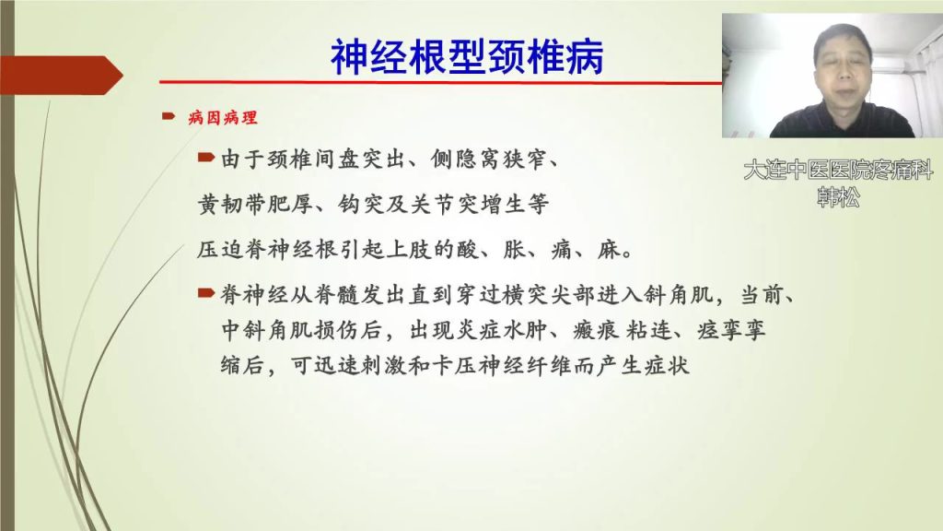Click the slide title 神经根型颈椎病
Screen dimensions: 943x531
click(467, 58)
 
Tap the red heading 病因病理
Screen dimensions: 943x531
click(223, 117)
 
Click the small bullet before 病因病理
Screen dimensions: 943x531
click(169, 116)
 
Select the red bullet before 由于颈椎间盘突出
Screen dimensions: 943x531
click(206, 158)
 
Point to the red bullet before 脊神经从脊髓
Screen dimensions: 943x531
click(206, 293)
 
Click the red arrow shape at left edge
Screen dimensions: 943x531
click(62, 76)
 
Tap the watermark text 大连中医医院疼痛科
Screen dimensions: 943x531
click(838, 170)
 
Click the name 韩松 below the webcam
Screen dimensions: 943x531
click(838, 197)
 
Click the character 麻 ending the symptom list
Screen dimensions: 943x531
click(608, 249)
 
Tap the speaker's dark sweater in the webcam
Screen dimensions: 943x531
click(842, 123)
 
